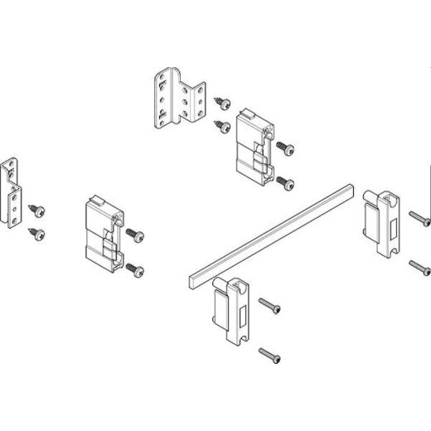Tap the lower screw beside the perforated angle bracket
point(222,126)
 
